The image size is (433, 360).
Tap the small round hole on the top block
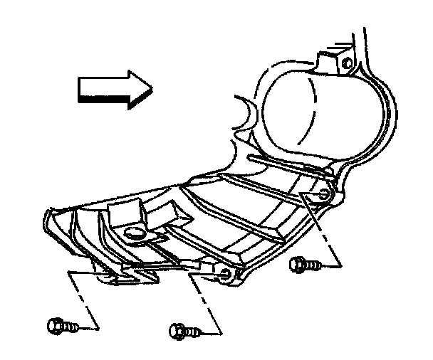tap(347, 63)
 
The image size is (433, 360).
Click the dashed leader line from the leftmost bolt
tap(84, 299)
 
